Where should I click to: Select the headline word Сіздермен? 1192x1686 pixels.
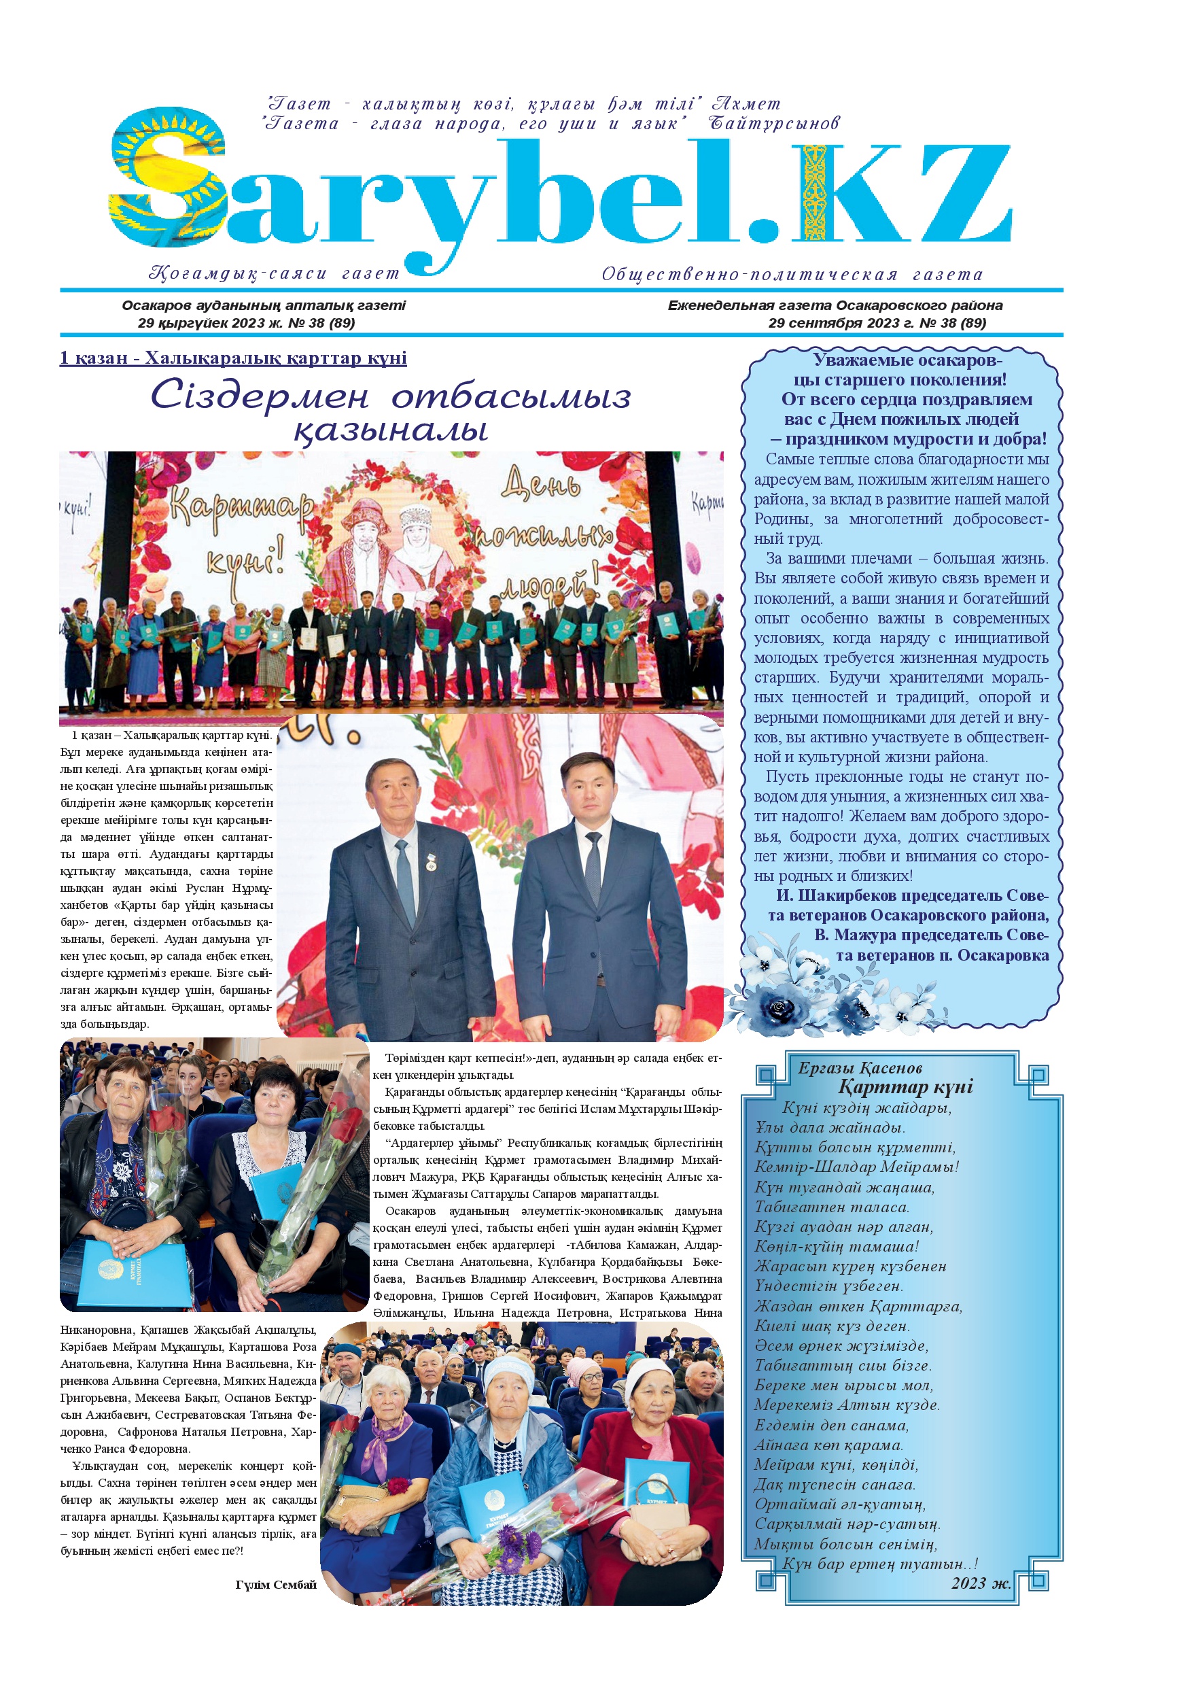[x=260, y=396]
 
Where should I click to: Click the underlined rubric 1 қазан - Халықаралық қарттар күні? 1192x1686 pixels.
[x=232, y=358]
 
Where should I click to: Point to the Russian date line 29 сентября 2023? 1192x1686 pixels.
[x=877, y=323]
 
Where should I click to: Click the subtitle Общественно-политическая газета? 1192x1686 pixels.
[x=792, y=275]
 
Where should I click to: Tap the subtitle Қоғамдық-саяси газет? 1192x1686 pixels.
[x=275, y=274]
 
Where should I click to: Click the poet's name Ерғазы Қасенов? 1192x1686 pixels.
[x=860, y=1069]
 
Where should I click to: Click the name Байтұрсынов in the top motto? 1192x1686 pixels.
[x=773, y=123]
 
